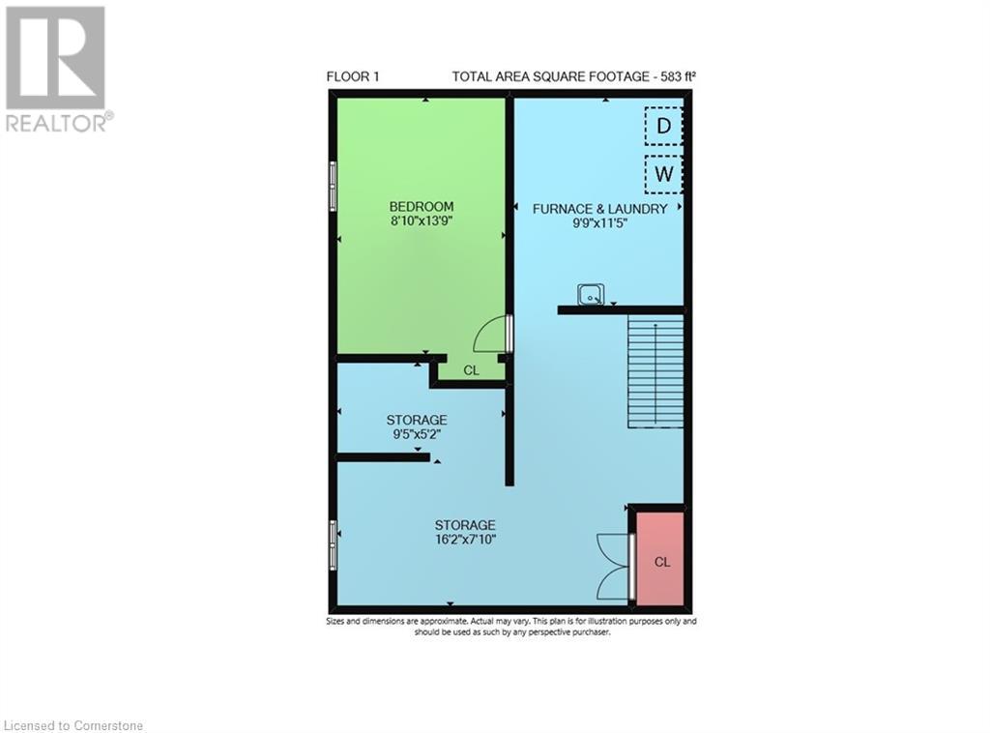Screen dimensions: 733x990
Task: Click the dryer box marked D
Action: tap(663, 126)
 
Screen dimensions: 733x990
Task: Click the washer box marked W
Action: tap(663, 175)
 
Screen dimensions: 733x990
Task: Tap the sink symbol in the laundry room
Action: tap(591, 293)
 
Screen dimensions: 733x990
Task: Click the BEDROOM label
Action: tap(421, 206)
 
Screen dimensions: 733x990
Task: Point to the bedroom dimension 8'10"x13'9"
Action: tap(421, 220)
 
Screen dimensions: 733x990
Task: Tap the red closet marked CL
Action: tap(660, 561)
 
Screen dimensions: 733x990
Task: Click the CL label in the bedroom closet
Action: tap(471, 369)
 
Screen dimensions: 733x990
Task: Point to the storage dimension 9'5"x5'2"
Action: tap(417, 434)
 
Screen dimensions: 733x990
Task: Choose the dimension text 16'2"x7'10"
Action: tap(465, 539)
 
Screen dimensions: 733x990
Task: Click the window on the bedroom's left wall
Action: tap(333, 186)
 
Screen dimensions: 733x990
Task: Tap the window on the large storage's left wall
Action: tap(333, 545)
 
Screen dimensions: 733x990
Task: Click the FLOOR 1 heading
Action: tap(354, 77)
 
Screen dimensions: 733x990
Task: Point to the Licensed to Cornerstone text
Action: tap(73, 724)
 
